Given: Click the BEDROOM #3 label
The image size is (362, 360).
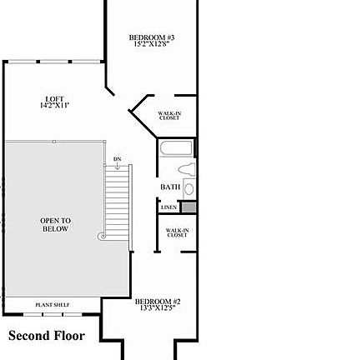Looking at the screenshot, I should click(151, 37).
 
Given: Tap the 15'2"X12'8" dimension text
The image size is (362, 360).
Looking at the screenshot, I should click(151, 45).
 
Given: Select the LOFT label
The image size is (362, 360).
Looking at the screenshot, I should click(55, 98).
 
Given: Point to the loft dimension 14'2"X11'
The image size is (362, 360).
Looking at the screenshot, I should click(55, 106).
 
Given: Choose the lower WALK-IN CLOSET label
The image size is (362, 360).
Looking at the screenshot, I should click(176, 232).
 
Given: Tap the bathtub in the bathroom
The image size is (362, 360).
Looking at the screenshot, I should click(176, 149).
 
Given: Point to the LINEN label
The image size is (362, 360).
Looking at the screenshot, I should click(168, 207).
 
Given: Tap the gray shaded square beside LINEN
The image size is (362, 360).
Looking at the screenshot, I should click(189, 207).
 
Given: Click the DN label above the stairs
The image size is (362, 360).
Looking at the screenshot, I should click(117, 158).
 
